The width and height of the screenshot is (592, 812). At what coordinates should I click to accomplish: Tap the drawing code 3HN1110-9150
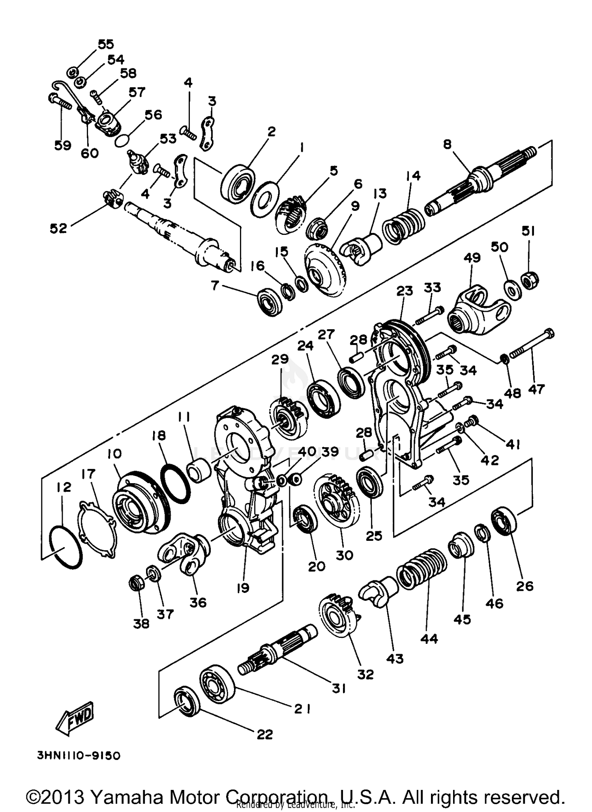(79, 756)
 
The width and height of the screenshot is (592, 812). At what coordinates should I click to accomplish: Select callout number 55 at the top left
(105, 44)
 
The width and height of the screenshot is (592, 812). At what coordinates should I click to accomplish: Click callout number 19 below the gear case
(243, 588)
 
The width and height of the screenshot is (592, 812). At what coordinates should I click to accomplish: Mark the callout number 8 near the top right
(447, 144)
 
